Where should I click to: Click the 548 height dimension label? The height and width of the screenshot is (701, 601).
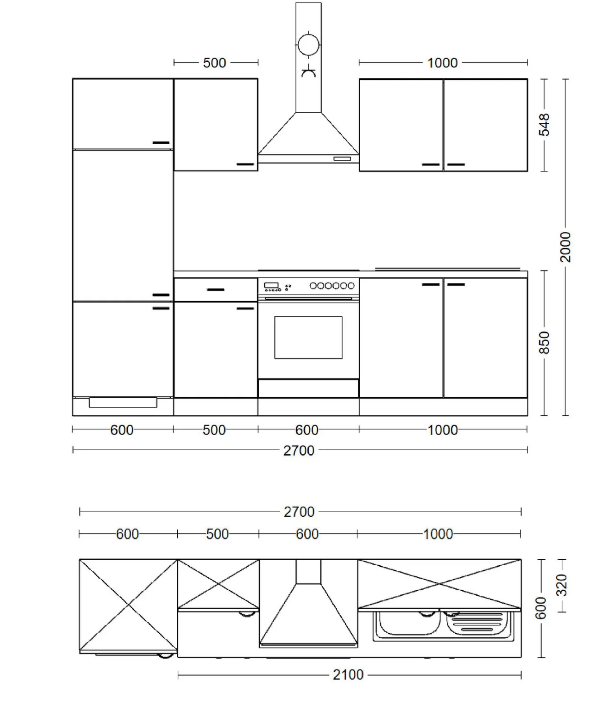[x=544, y=125]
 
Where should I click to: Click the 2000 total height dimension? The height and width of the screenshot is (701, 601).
[x=565, y=247]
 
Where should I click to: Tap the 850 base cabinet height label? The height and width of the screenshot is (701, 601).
[x=544, y=343]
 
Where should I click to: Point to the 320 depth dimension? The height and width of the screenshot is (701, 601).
[x=562, y=585]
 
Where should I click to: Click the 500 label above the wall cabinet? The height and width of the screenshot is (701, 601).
[x=215, y=63]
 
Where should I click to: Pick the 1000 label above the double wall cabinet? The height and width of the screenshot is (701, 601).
[x=442, y=63]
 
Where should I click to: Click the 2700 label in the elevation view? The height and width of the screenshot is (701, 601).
[x=299, y=451]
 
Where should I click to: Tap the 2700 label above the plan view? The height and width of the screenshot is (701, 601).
[x=299, y=512]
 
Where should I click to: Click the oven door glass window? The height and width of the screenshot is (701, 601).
[x=308, y=338]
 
